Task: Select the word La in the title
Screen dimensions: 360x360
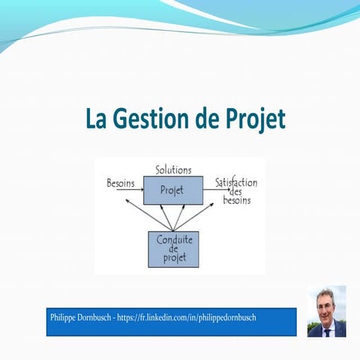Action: [95, 118]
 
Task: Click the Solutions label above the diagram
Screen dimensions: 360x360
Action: [173, 170]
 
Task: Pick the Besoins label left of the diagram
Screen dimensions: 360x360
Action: [121, 183]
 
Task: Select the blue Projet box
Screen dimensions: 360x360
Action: [173, 190]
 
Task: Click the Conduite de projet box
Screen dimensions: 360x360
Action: [173, 250]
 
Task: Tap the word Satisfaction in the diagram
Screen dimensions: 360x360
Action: [236, 183]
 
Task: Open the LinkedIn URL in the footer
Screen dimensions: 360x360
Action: [196, 318]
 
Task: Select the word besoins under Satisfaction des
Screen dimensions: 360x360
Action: [237, 201]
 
